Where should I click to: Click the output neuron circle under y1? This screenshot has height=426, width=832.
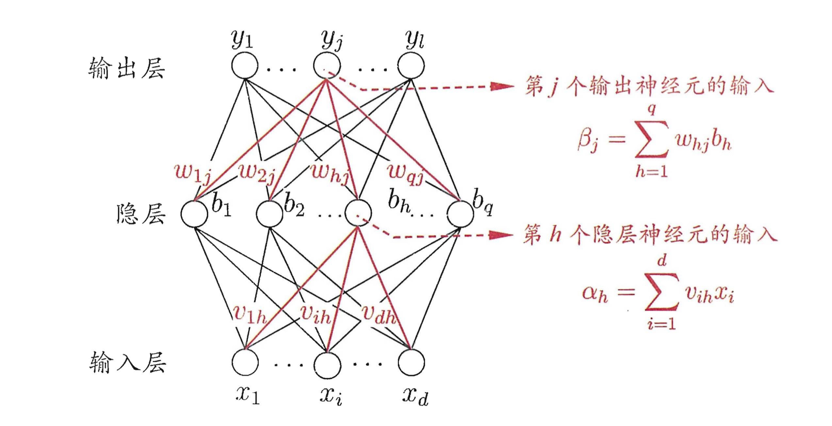coord(245,66)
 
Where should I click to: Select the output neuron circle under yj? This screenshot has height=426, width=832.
coord(327,66)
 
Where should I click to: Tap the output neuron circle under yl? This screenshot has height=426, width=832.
coord(411,66)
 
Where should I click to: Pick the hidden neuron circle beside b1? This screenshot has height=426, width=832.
coord(194,213)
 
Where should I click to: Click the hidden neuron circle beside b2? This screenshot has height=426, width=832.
coord(270,213)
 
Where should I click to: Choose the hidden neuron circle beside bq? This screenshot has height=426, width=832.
coord(460,213)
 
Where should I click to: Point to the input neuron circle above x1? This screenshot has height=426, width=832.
coord(245,363)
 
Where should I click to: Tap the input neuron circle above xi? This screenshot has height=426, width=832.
coord(327,365)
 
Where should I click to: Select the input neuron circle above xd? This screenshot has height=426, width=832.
coord(411,363)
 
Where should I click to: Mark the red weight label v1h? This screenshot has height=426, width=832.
coord(249,314)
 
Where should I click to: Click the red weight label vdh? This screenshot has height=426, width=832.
coord(378,314)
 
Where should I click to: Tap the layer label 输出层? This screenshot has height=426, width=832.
coord(127,68)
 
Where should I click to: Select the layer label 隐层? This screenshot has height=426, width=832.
coord(140,213)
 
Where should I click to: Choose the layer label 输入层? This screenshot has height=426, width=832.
coord(127,363)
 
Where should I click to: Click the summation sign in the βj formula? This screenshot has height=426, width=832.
coord(651,139)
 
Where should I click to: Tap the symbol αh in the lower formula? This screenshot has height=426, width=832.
coord(595,294)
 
